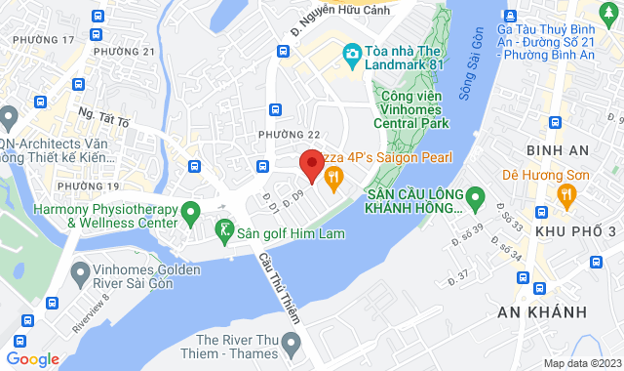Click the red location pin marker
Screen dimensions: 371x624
click(x=311, y=165)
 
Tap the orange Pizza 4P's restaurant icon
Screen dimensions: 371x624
click(x=334, y=177)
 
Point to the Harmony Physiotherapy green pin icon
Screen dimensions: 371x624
click(x=191, y=211)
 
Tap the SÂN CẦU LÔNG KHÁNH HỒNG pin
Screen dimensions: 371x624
click(x=476, y=199)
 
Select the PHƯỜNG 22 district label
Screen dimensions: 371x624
click(x=289, y=134)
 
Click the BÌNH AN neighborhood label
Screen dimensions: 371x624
click(x=553, y=149)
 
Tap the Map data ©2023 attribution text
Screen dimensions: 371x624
click(x=582, y=363)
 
